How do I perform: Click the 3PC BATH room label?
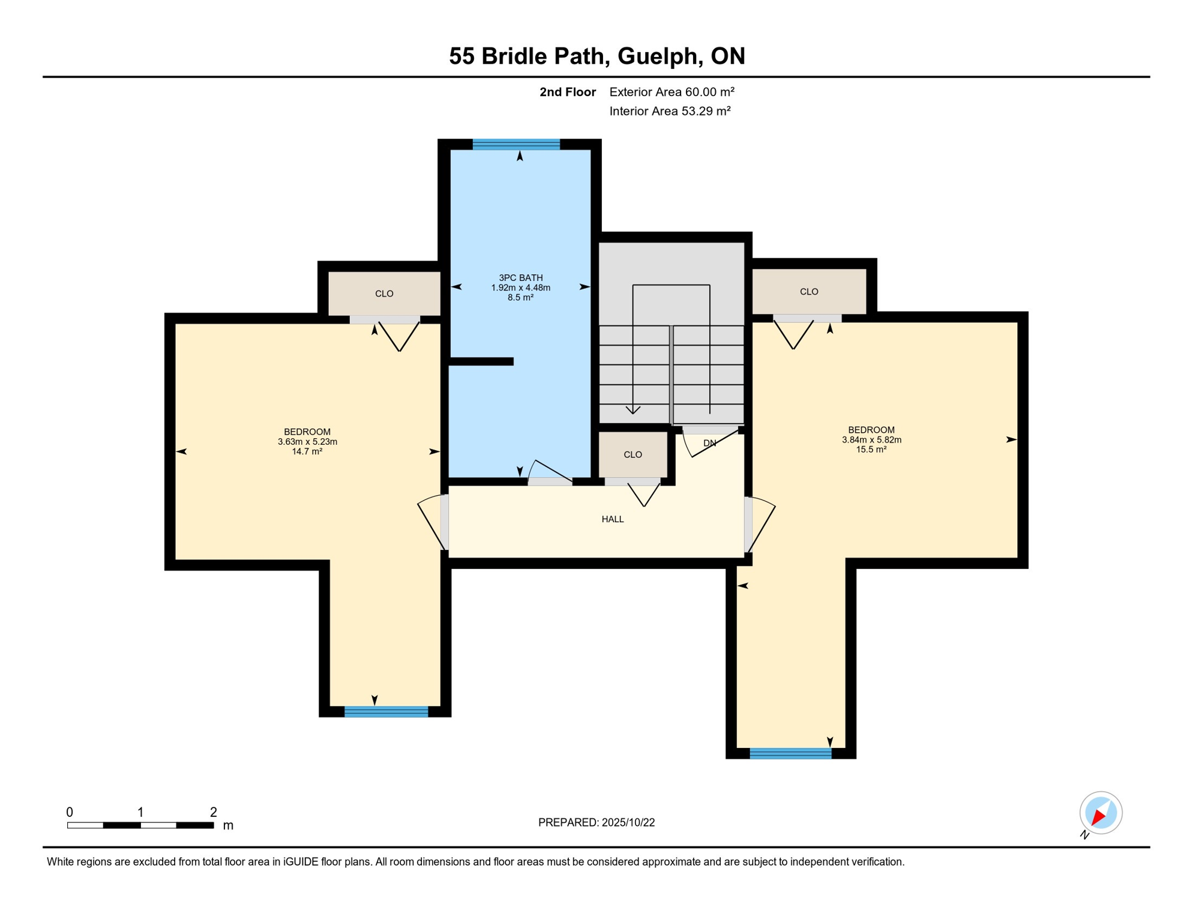tap(520, 278)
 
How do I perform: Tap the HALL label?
tap(613, 519)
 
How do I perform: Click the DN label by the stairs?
tap(709, 443)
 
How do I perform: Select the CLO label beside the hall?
tap(633, 454)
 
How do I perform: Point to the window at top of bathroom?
tap(516, 144)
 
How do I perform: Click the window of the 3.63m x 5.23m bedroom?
tap(386, 712)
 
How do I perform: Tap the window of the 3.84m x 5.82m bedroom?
tap(790, 754)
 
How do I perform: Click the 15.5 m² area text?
tap(871, 450)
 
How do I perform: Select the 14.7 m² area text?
tap(307, 451)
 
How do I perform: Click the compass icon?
tap(1101, 813)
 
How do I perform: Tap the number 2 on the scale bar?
tap(213, 812)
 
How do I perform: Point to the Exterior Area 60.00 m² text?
tap(672, 92)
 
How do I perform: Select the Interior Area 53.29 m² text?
tap(670, 111)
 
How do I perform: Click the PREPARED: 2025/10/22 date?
tap(596, 822)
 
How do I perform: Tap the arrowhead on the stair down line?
tap(633, 411)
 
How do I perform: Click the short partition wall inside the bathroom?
tap(481, 361)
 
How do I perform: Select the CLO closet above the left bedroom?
tap(384, 294)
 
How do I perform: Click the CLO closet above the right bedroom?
tap(809, 292)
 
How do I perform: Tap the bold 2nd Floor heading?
tap(567, 92)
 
